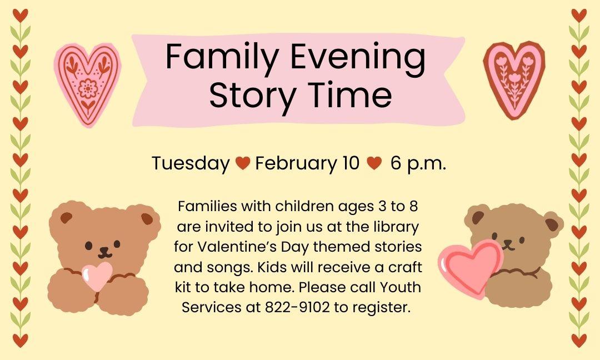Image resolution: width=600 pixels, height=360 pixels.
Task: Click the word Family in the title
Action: [x=221, y=57]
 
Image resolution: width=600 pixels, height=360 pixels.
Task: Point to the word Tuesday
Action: [x=191, y=163]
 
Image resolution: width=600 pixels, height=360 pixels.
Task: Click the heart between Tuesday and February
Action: [x=243, y=163]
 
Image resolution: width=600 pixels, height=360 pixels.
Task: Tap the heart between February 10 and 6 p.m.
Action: [x=374, y=163]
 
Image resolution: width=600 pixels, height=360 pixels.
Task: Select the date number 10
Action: [x=351, y=163]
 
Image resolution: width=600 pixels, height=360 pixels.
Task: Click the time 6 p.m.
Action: [x=419, y=163]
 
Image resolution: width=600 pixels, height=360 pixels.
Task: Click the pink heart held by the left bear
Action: [x=97, y=276]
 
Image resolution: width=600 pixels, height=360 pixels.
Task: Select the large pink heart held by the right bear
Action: [x=471, y=268]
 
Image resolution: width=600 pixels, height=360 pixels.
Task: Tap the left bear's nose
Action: [x=104, y=250]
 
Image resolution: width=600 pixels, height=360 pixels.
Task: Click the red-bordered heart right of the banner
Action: [x=514, y=80]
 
